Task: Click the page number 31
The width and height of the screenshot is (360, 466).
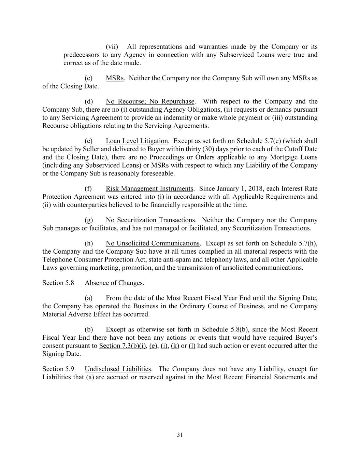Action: pos(180,435)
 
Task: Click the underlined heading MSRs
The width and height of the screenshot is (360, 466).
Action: pos(114,78)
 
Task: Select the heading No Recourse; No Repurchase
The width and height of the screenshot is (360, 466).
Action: pos(150,101)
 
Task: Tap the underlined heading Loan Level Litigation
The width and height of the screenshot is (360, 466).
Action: pos(136,141)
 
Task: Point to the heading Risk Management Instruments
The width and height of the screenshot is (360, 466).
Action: pos(149,189)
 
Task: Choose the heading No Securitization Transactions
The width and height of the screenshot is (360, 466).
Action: pos(150,220)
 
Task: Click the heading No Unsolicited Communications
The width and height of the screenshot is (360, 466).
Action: pos(153,243)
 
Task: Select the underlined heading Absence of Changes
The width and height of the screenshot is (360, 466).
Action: pos(114,283)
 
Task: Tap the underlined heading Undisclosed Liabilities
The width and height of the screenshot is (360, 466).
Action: pos(118,369)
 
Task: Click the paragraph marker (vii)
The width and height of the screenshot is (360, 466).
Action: pos(112,47)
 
